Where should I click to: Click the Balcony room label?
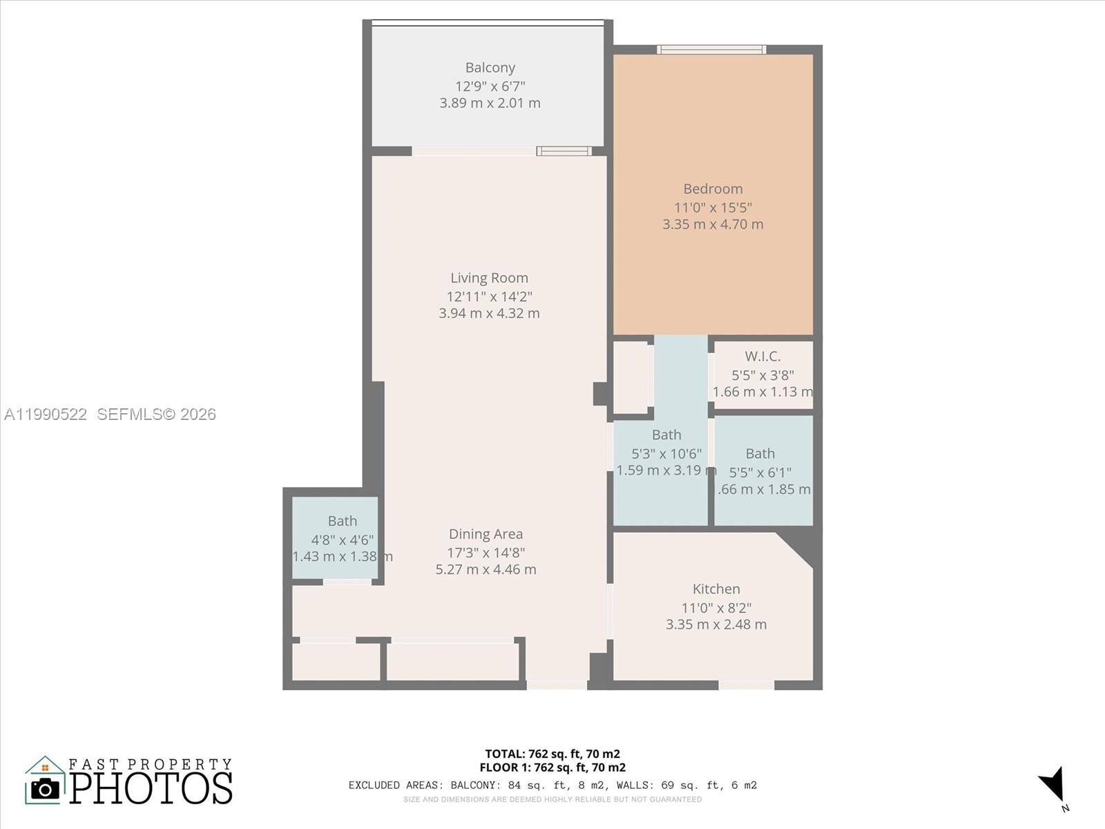coord(490,68)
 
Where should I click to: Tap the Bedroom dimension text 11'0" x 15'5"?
coord(713,207)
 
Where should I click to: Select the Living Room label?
coord(489,278)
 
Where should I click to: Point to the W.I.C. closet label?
coord(762,356)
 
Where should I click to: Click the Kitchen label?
coord(716,589)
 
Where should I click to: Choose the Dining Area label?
coord(486,534)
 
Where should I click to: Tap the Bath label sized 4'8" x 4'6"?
coord(343,521)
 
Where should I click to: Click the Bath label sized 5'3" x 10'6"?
coord(666,435)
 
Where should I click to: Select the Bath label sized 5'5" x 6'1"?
coord(760,454)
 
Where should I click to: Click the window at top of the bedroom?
coord(711,50)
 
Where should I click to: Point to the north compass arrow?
coord(1053,785)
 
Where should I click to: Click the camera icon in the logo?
coord(46,788)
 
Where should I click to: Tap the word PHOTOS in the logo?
coord(151,788)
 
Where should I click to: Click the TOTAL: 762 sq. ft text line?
coord(552,754)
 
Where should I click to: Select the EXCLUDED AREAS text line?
coord(552,785)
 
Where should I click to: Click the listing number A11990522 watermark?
coord(46,414)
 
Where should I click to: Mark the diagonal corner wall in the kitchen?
coord(798,549)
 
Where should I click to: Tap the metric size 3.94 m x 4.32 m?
coord(489,314)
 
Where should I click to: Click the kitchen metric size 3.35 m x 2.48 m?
coord(716,625)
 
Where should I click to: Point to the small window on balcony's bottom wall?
coord(564,151)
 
